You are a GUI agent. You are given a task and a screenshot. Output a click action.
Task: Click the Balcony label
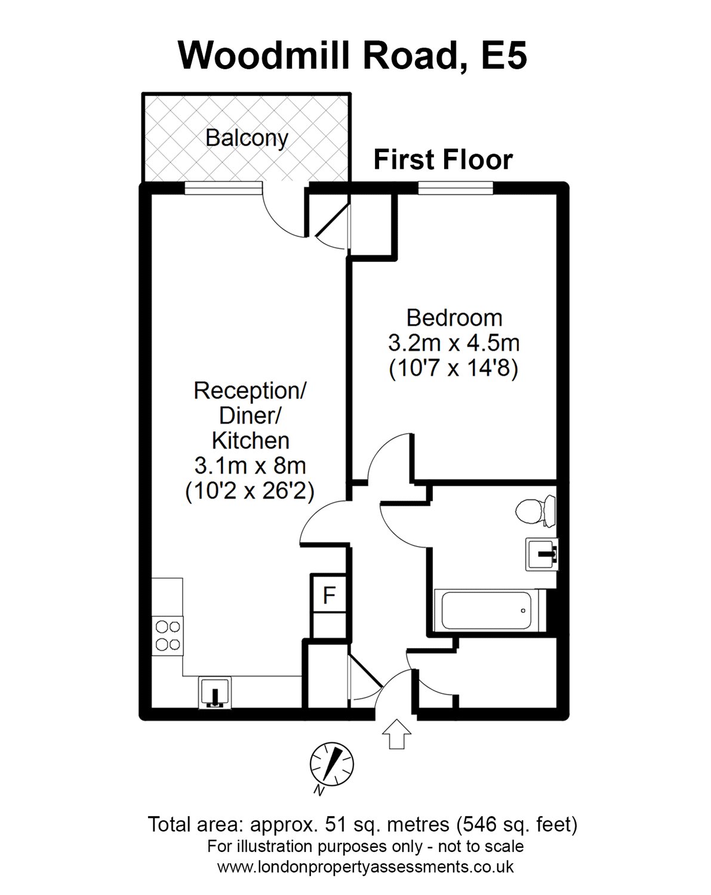247,138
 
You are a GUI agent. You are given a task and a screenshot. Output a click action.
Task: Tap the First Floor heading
443,160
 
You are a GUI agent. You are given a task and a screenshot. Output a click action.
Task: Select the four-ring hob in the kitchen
168,635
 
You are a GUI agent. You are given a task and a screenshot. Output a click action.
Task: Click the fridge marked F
328,594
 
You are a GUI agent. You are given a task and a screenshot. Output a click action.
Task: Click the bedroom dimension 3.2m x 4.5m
454,343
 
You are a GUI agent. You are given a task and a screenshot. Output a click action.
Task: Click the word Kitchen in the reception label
251,440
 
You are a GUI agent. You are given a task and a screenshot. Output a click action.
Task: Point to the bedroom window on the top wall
456,188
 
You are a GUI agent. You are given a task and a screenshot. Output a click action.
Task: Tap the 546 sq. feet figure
517,825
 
